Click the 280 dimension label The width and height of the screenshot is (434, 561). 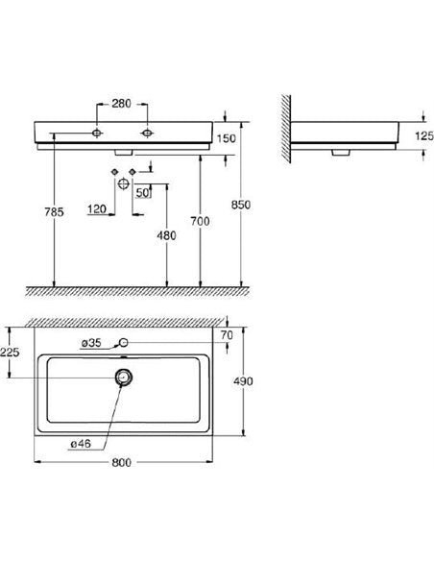(122, 104)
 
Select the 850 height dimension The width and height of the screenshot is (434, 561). (241, 205)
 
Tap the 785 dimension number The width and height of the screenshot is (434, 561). (54, 212)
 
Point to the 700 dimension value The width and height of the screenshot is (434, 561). (200, 222)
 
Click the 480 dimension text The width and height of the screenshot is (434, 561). (167, 235)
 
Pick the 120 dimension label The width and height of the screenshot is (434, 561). (97, 209)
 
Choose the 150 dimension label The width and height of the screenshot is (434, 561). (227, 138)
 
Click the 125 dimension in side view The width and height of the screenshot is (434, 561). (424, 135)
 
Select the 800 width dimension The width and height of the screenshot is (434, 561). (122, 463)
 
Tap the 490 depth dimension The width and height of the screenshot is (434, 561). (243, 381)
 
